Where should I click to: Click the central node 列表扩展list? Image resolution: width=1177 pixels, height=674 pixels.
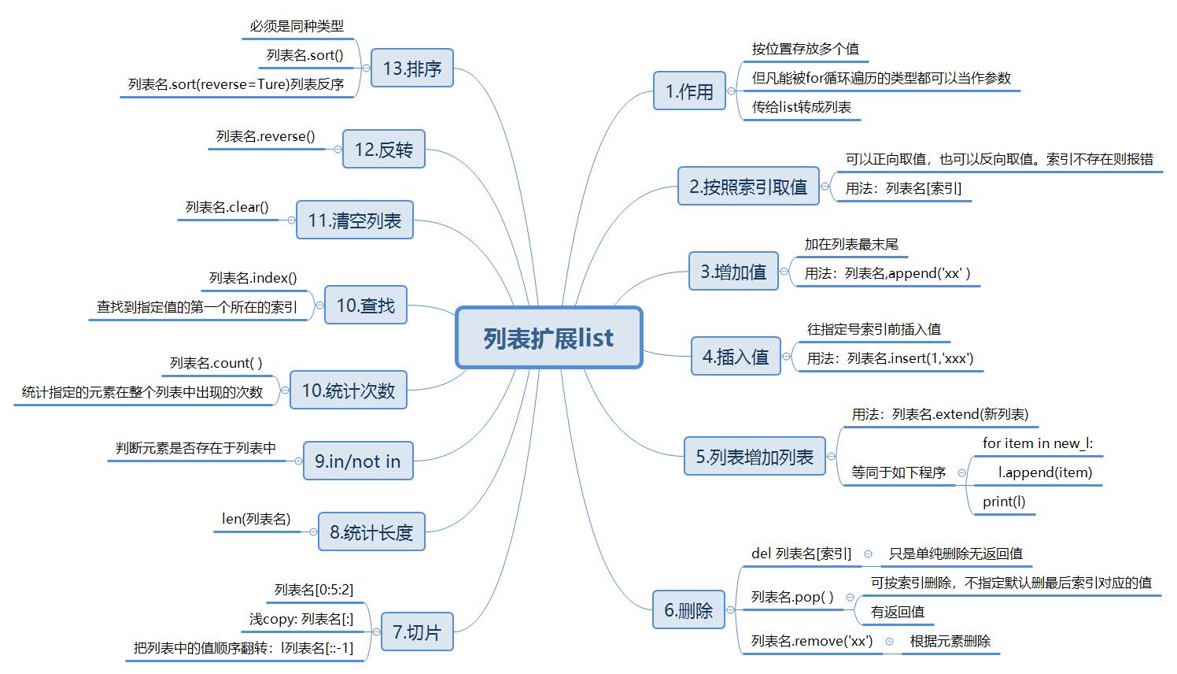pos(549,338)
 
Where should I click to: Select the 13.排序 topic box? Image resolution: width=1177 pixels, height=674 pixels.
pos(412,69)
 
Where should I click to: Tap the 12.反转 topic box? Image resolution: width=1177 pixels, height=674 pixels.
pos(383,150)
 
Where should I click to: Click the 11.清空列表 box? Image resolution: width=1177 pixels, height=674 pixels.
pos(354,220)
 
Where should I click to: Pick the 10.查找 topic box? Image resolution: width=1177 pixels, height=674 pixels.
pos(365,306)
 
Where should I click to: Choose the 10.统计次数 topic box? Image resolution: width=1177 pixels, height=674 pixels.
pos(349,391)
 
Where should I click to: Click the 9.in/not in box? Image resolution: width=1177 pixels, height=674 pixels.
pos(358,461)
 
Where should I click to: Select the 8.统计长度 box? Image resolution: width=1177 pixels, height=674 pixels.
pos(371,532)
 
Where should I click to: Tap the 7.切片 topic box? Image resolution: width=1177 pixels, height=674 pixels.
pos(417,632)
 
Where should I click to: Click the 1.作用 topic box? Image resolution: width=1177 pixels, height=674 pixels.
pos(689,91)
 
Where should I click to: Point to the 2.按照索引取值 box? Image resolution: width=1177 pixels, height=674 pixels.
pos(748,187)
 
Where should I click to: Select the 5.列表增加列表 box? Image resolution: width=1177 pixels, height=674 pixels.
pos(755,457)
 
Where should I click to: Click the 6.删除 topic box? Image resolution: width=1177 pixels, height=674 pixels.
pos(688,610)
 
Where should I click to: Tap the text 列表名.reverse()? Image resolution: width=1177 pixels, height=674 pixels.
pos(266,136)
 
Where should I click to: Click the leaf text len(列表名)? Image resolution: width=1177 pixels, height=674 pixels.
pos(256,519)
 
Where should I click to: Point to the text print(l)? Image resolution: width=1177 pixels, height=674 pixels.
pos(1004,502)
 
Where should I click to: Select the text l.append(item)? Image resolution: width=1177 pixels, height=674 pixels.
pos(1045,472)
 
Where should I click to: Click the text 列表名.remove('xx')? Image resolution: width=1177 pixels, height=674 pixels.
pos(812,641)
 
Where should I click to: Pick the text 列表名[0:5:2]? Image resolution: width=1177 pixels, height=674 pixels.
pos(314,590)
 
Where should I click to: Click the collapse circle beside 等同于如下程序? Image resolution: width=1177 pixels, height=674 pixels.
pos(961,472)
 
